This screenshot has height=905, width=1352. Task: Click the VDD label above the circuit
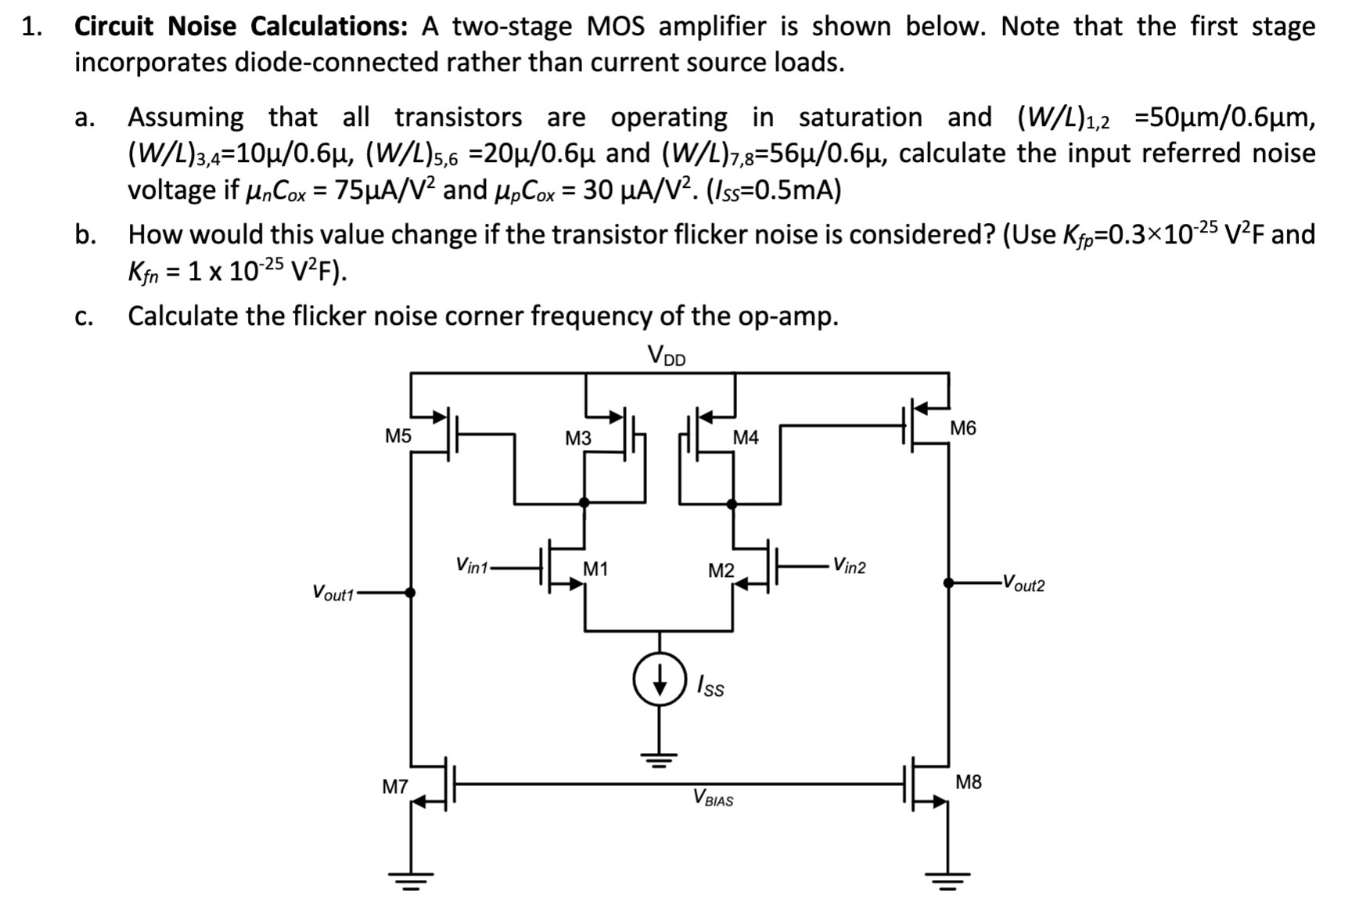click(666, 356)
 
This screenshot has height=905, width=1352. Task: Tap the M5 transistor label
click(397, 436)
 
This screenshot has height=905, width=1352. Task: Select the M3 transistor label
click(577, 438)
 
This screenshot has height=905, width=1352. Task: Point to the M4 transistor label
click(745, 438)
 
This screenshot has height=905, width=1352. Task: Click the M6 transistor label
click(962, 428)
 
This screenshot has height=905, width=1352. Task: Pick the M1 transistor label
click(595, 569)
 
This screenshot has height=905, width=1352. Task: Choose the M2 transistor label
click(721, 571)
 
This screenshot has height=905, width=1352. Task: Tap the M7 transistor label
click(394, 787)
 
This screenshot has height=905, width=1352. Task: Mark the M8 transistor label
click(968, 782)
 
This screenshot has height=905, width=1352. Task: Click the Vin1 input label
click(471, 565)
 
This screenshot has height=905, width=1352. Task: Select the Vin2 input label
click(849, 566)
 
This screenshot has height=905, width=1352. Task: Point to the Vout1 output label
click(333, 593)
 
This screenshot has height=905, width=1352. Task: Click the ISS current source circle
click(660, 680)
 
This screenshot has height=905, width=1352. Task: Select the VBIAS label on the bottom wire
click(713, 799)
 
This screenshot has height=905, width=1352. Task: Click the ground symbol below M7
click(410, 880)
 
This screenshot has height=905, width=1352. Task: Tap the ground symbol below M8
click(947, 880)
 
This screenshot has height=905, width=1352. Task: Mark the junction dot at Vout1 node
click(410, 593)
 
